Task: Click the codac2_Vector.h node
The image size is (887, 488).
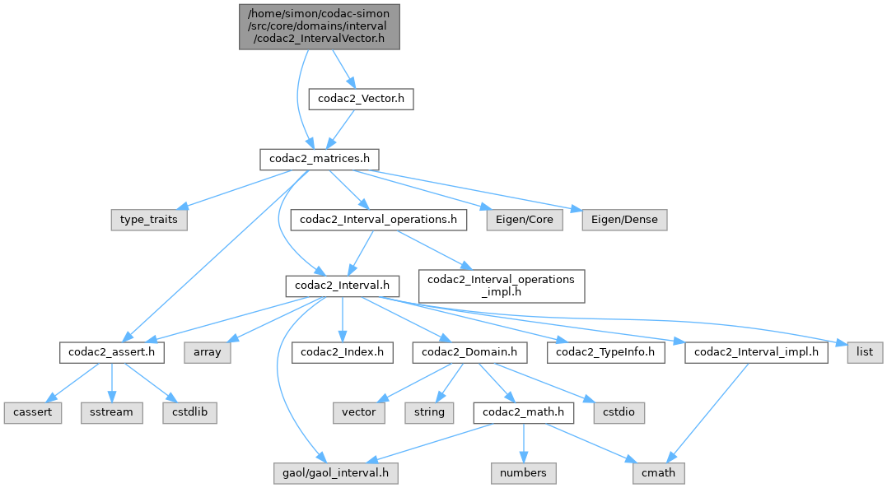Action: pyautogui.click(x=361, y=100)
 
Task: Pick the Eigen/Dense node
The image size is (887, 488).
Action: pyautogui.click(x=623, y=221)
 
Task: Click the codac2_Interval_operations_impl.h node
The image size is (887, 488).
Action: pyautogui.click(x=502, y=285)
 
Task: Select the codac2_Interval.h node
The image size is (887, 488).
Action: pyautogui.click(x=342, y=286)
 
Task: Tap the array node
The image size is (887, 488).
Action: pyautogui.click(x=207, y=352)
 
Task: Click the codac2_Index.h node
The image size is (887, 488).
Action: pyautogui.click(x=342, y=352)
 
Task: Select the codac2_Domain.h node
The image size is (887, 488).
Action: pyautogui.click(x=469, y=352)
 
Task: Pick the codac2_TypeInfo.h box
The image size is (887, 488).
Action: pyautogui.click(x=606, y=352)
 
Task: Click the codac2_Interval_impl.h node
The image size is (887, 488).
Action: pyautogui.click(x=756, y=352)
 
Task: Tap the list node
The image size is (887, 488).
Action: pyautogui.click(x=865, y=352)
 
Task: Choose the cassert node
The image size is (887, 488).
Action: pyautogui.click(x=31, y=411)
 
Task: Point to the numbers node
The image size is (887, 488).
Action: pyautogui.click(x=523, y=473)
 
